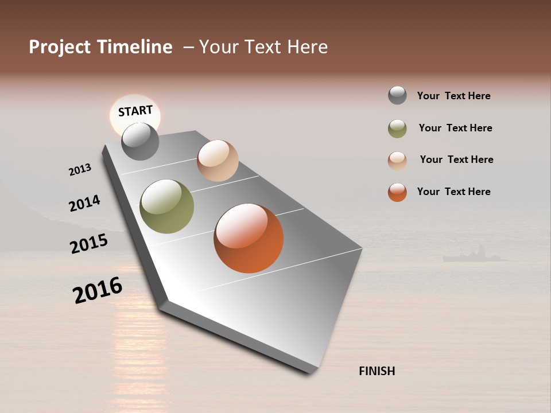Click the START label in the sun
(135, 110)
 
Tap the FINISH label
(377, 371)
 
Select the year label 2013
(80, 170)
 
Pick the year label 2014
(84, 204)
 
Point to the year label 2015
(89, 244)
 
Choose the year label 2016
(98, 290)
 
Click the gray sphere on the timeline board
(140, 141)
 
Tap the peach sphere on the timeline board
(218, 161)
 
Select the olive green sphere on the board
(166, 206)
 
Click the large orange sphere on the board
(249, 238)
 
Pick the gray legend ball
(397, 95)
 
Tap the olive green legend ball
(397, 128)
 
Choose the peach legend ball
(397, 160)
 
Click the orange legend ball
(397, 192)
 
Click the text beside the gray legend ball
(453, 96)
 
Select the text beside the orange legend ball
(453, 192)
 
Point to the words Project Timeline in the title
(100, 47)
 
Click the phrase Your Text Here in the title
(263, 47)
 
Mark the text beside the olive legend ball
(455, 128)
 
